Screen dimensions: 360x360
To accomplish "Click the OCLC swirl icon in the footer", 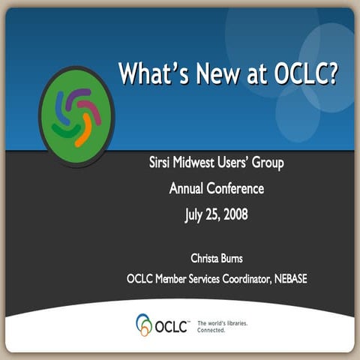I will pos(144,325).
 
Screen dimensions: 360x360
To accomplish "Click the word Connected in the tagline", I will pos(212,329).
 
